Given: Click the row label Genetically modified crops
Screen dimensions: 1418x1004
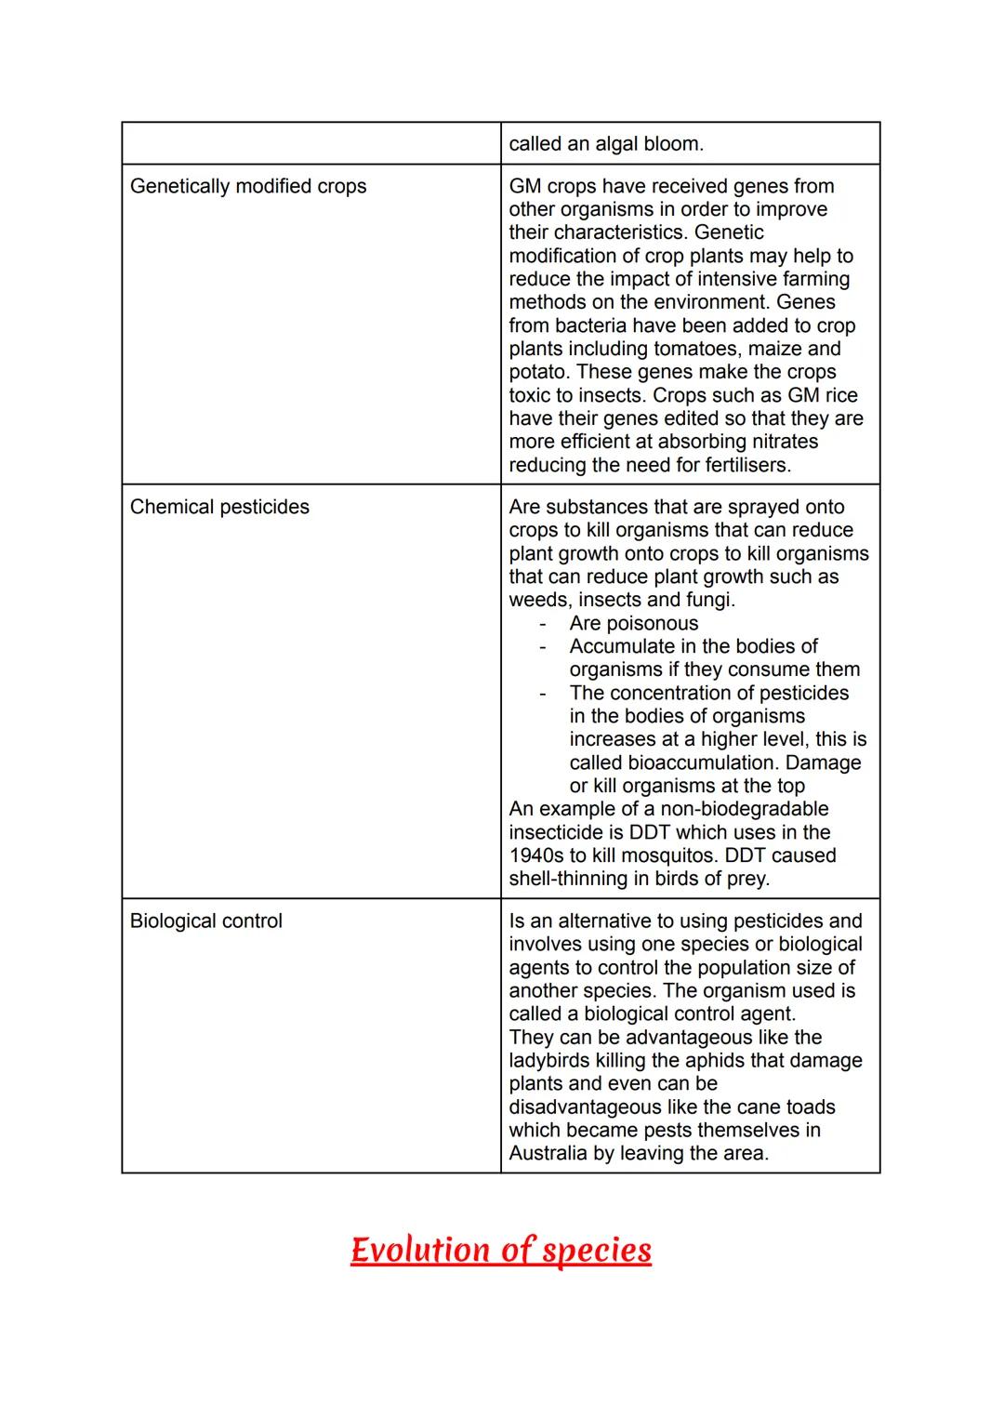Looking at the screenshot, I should (248, 186).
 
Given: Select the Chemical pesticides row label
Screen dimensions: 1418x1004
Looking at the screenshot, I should (219, 507).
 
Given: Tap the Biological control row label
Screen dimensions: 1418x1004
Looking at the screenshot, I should (205, 921).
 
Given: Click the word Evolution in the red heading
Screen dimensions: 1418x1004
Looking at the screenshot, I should (420, 1250).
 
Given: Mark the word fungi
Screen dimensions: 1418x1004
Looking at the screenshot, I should (709, 600).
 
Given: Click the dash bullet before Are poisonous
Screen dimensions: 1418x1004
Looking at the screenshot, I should (542, 623).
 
